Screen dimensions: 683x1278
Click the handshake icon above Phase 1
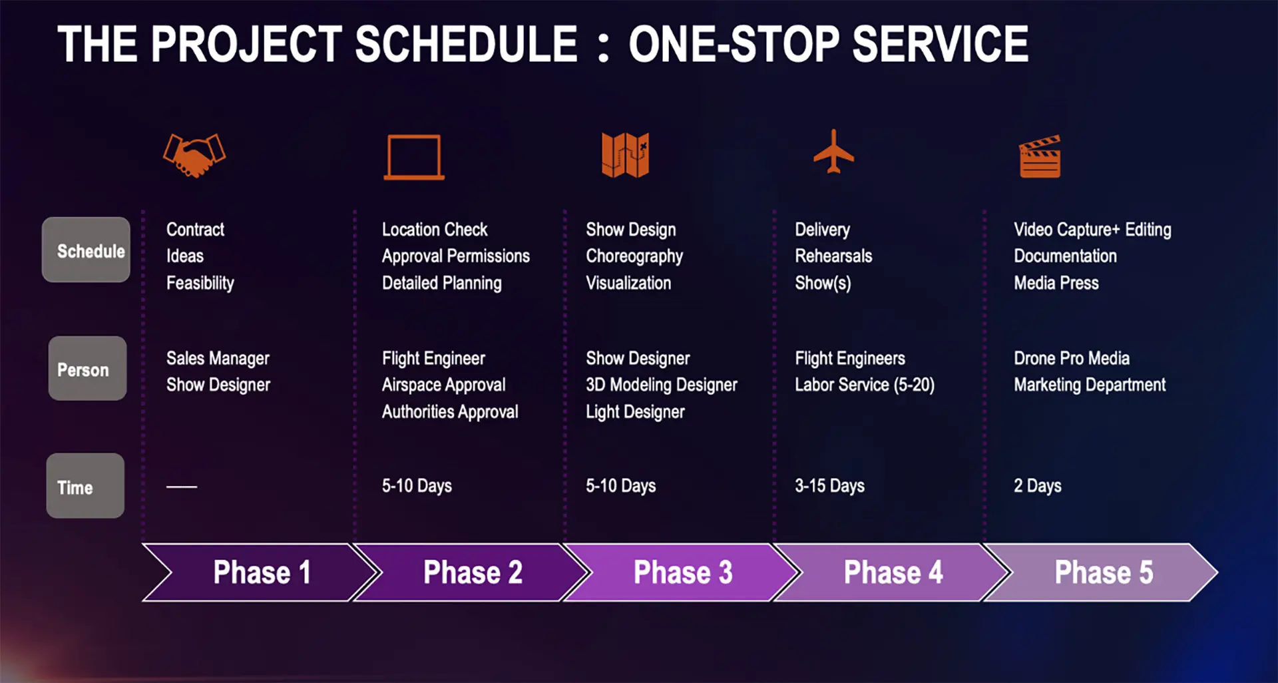pyautogui.click(x=194, y=155)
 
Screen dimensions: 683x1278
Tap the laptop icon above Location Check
pyautogui.click(x=414, y=158)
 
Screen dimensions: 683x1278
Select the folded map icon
pyautogui.click(x=625, y=155)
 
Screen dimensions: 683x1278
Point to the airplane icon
pyautogui.click(x=833, y=152)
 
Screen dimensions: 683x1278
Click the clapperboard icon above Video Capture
pyautogui.click(x=1040, y=157)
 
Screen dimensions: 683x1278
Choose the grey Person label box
pyautogui.click(x=87, y=369)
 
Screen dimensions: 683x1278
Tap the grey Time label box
pyautogui.click(x=85, y=487)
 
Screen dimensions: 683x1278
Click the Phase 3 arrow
pyautogui.click(x=682, y=572)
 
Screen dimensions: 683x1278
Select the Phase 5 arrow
pyautogui.click(x=1103, y=572)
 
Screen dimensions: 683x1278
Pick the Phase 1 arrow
pyautogui.click(x=262, y=572)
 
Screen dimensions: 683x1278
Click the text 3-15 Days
pyautogui.click(x=829, y=486)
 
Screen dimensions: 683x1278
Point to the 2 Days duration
pyautogui.click(x=1037, y=486)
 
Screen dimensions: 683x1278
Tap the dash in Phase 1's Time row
pyautogui.click(x=182, y=487)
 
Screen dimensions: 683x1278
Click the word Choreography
pyautogui.click(x=634, y=256)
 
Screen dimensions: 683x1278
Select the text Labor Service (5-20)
pyautogui.click(x=864, y=385)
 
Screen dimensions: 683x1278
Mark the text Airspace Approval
pyautogui.click(x=443, y=385)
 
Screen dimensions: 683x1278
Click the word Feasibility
pyautogui.click(x=200, y=283)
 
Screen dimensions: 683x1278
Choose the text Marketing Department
pyautogui.click(x=1089, y=385)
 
